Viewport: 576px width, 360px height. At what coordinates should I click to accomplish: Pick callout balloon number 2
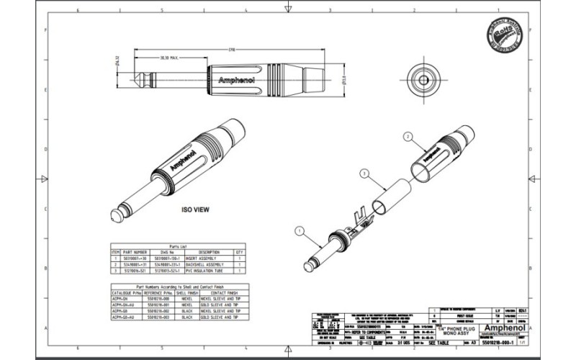(408, 136)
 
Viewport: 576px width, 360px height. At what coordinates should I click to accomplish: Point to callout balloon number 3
(364, 174)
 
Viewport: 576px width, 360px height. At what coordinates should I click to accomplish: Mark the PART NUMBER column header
(135, 252)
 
